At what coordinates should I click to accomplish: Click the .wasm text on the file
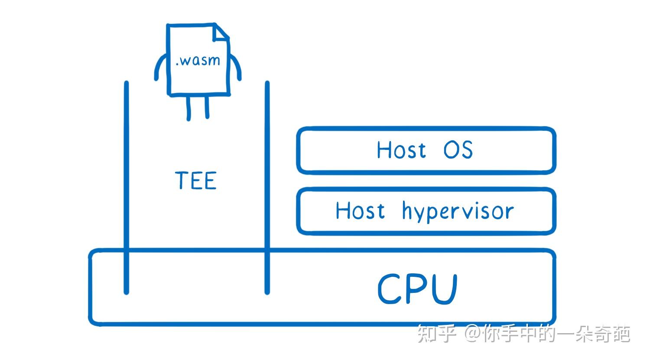point(198,60)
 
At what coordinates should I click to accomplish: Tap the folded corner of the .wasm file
point(221,33)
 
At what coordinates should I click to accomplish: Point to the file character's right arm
point(236,67)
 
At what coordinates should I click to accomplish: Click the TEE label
point(196,180)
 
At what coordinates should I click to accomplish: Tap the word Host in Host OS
point(401,150)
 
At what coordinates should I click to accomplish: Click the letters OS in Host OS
point(458,150)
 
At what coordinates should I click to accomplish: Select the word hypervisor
point(458,212)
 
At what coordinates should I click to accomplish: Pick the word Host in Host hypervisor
point(360,211)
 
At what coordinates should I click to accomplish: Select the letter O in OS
point(451,150)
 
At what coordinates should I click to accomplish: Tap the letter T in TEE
point(182,180)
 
